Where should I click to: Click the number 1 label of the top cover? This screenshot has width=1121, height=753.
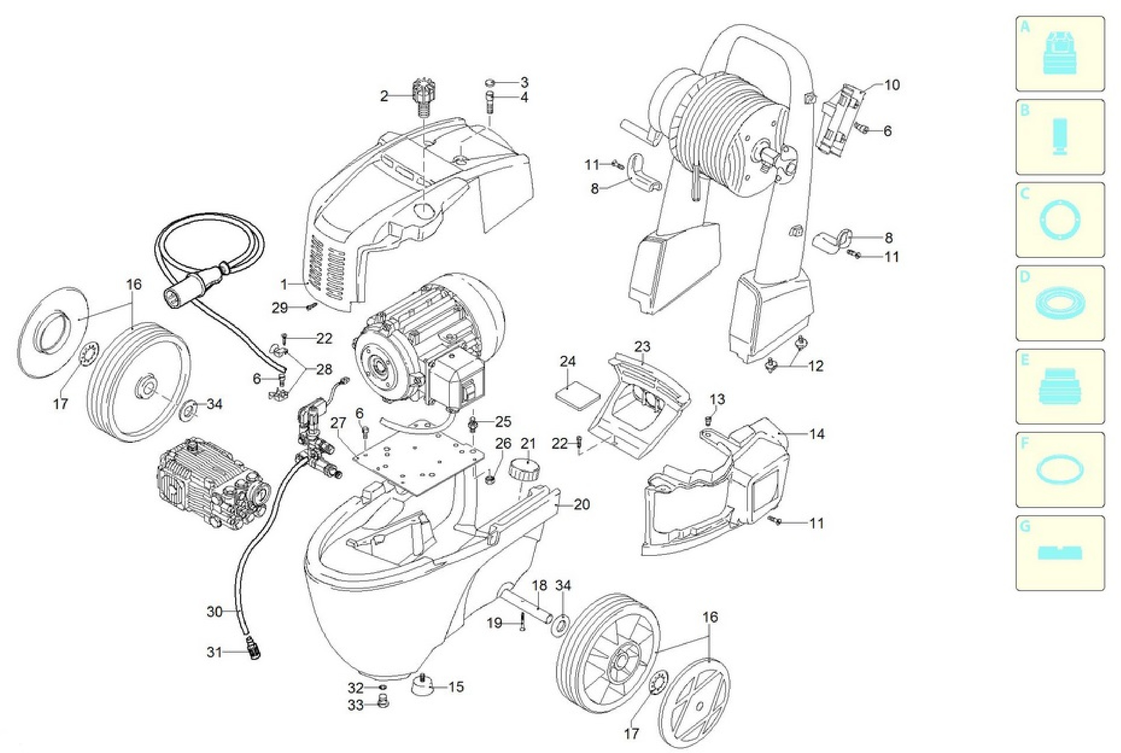click(283, 284)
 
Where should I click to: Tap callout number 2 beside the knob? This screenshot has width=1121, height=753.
click(384, 96)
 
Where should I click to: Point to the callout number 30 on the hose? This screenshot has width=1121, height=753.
click(215, 611)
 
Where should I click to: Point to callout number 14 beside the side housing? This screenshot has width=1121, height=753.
click(817, 434)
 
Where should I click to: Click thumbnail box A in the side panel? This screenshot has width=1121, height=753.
click(1060, 53)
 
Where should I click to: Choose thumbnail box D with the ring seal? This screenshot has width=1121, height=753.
click(1060, 303)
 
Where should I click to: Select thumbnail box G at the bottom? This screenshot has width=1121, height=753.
click(1060, 553)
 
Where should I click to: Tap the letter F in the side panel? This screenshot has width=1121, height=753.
click(1025, 443)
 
